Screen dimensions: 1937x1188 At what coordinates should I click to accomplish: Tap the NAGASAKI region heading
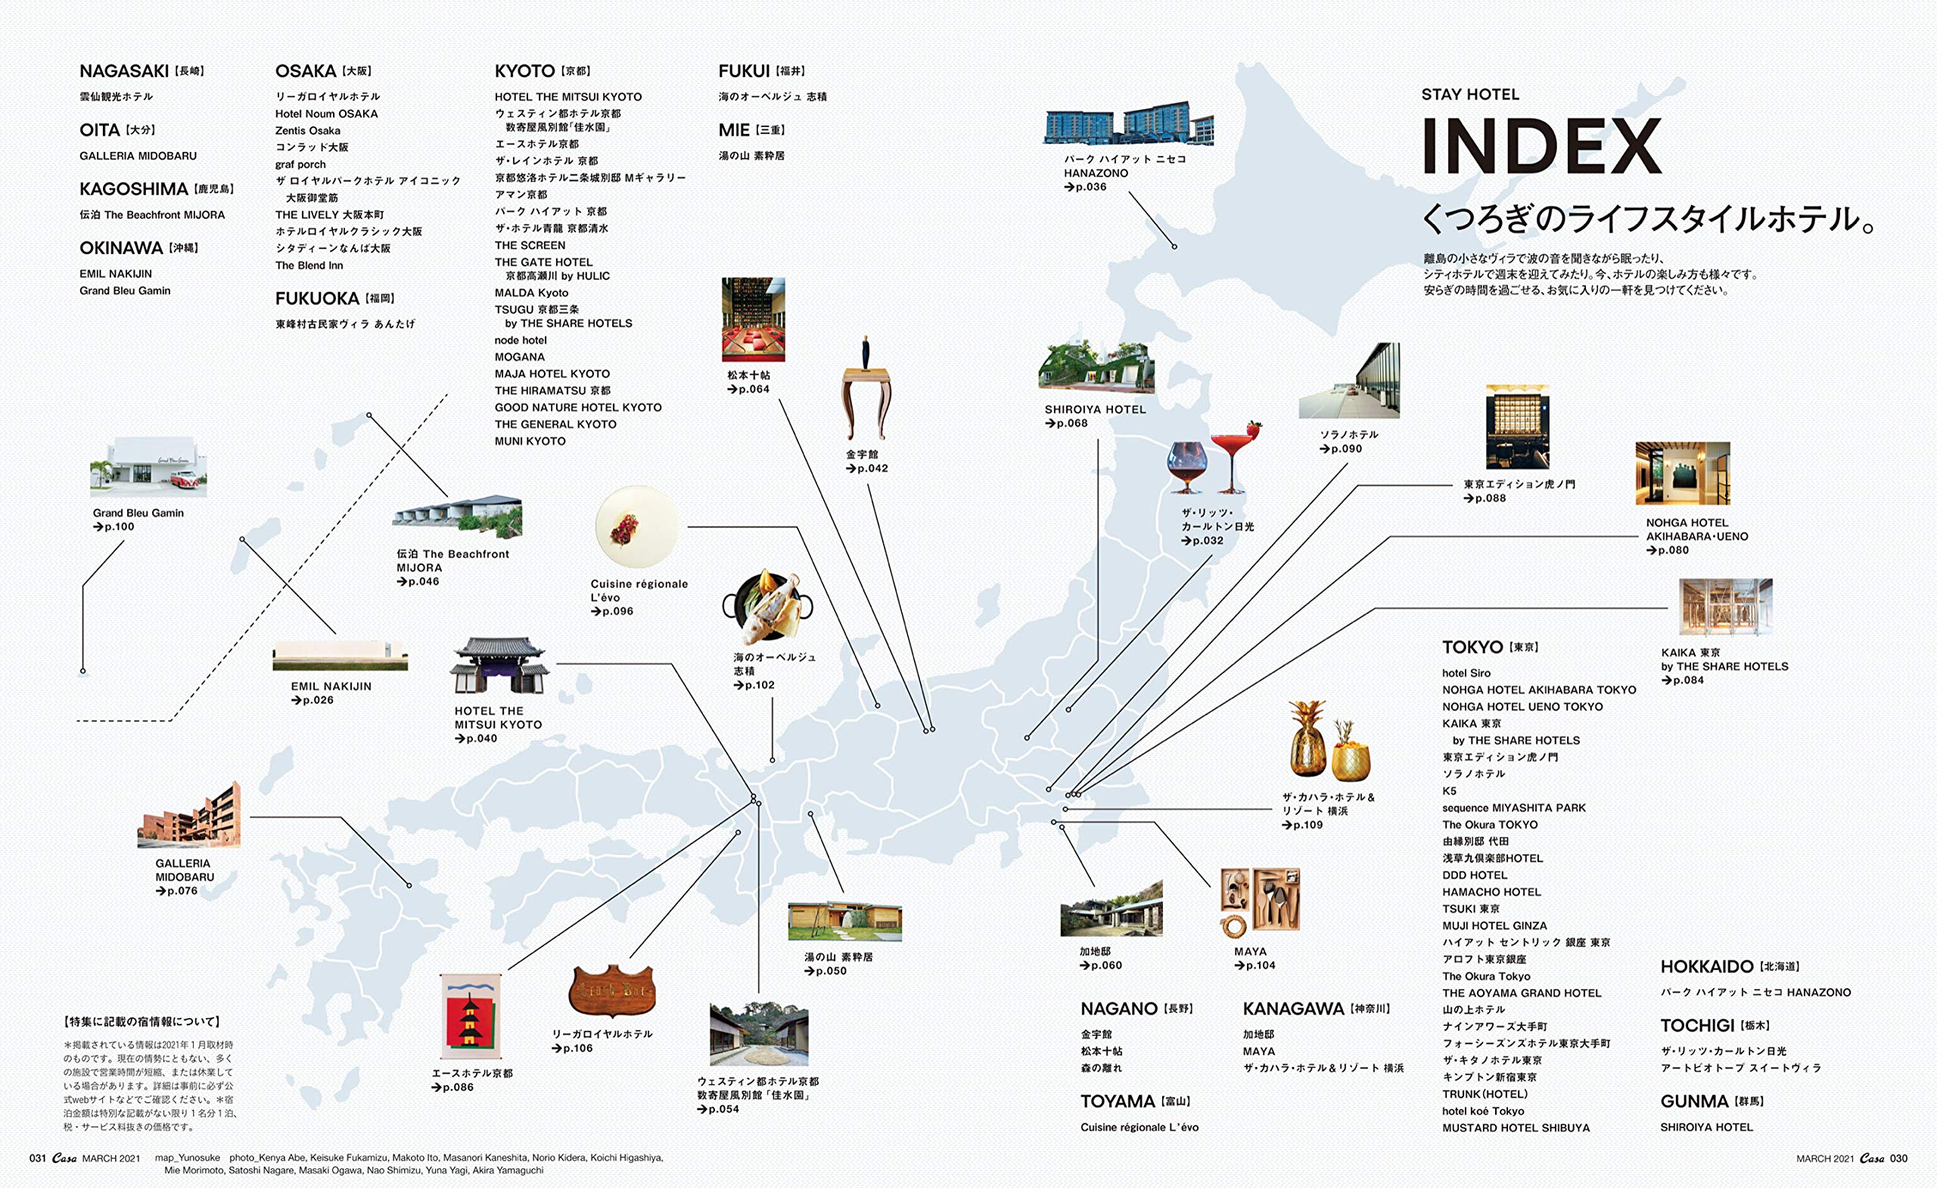124,72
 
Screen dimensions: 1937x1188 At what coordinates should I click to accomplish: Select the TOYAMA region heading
1117,1102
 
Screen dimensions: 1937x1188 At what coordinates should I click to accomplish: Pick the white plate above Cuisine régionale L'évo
636,527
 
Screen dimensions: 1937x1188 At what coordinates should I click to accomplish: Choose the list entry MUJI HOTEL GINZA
1494,925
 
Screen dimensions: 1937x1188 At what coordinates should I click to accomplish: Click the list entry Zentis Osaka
307,130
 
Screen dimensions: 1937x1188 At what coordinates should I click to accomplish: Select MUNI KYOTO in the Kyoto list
530,441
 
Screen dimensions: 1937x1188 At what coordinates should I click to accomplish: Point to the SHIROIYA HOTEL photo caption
1095,409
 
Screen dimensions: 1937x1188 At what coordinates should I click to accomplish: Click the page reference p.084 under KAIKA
1683,680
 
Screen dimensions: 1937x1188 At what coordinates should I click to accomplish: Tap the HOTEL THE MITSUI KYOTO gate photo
499,665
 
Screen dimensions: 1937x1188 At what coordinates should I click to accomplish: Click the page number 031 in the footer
38,1158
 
